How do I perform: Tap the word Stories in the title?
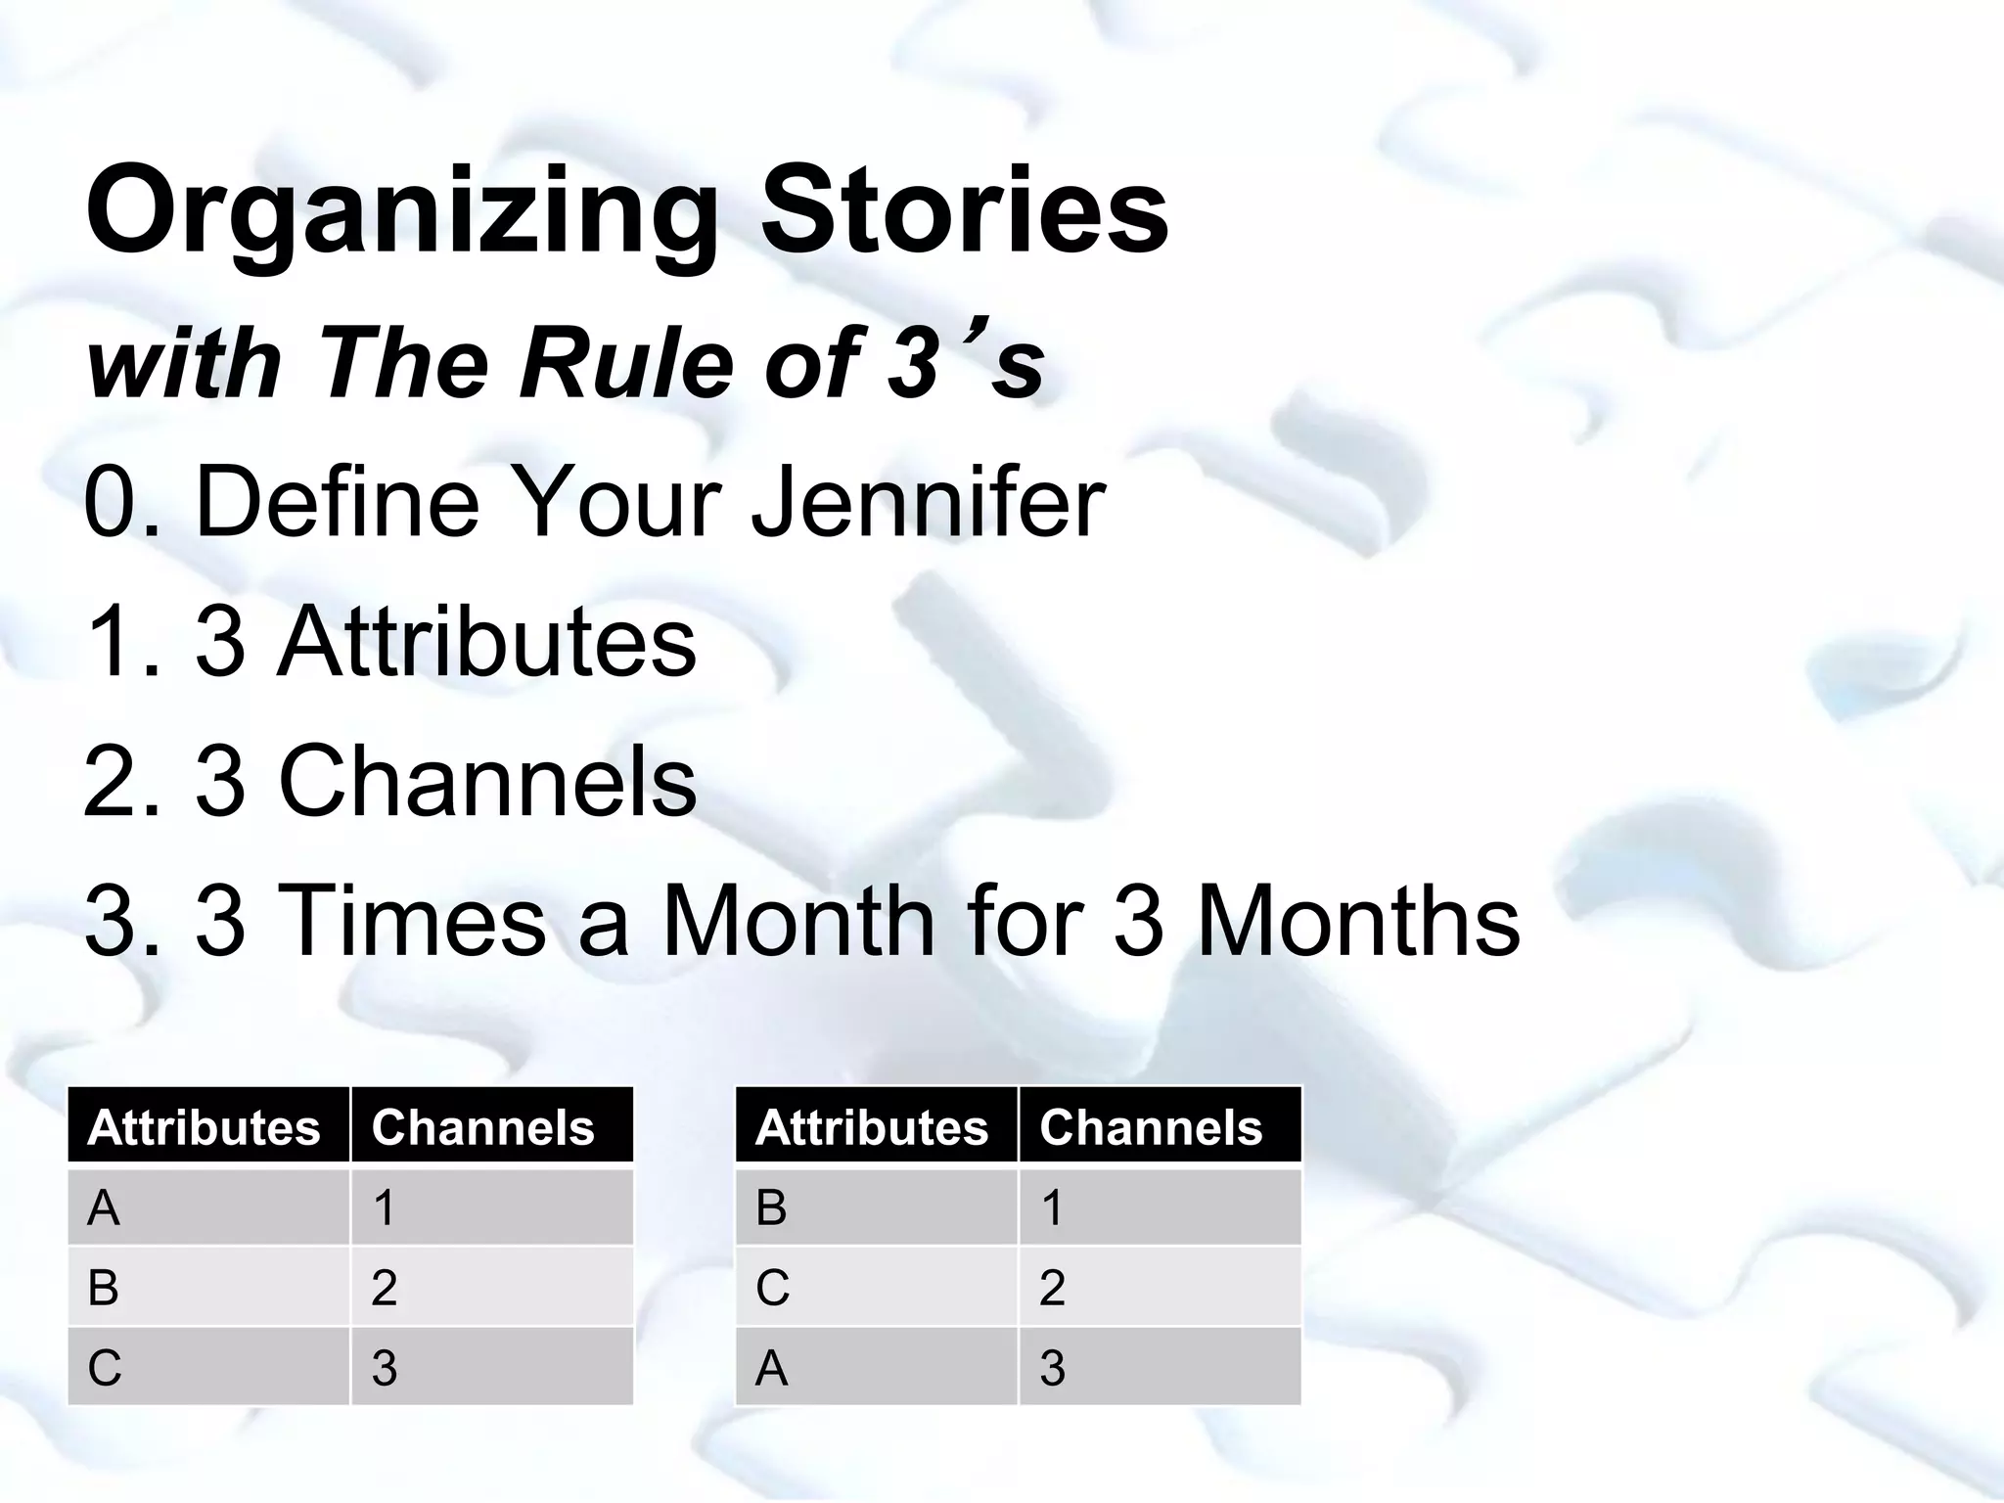pos(964,210)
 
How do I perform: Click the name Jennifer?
pos(928,503)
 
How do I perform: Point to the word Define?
pos(338,503)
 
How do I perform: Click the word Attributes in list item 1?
pos(486,642)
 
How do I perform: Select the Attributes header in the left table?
pos(204,1127)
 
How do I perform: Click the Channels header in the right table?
pos(1151,1127)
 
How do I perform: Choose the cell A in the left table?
pos(104,1207)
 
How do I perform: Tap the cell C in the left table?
pos(104,1368)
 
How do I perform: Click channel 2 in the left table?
pos(384,1288)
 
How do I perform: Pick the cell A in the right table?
pos(772,1368)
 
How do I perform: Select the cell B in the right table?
pos(772,1207)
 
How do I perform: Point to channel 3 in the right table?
pos(1052,1368)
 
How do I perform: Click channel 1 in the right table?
pos(1052,1207)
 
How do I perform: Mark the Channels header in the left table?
pos(482,1127)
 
